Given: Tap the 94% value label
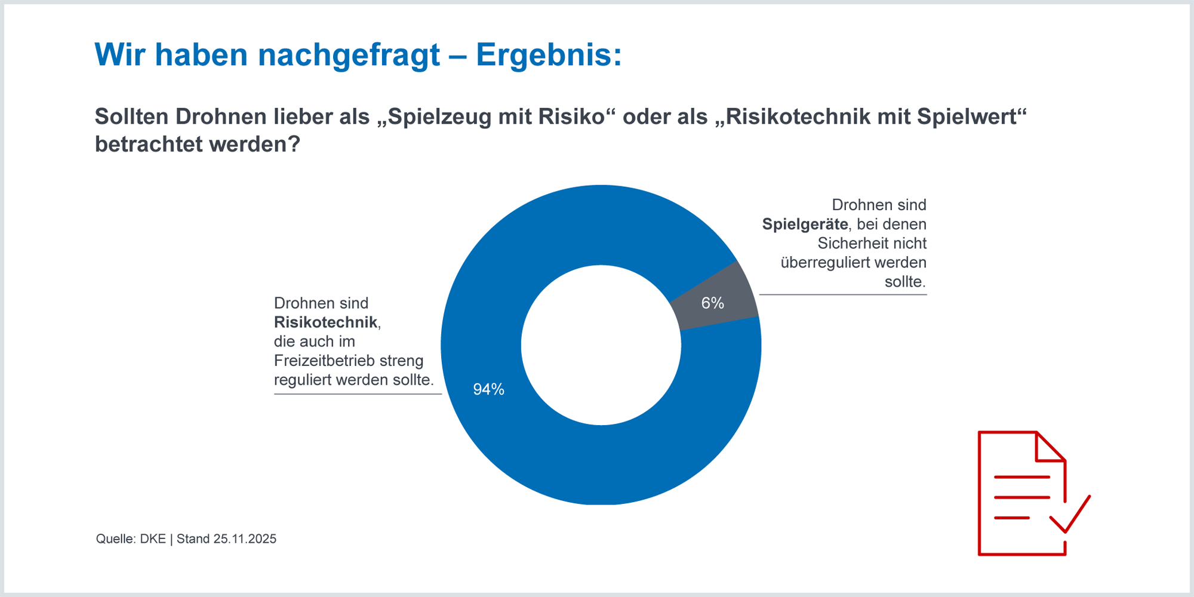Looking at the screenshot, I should (x=488, y=389).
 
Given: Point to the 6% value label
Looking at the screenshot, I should (x=712, y=303).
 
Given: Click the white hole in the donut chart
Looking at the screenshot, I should (x=601, y=345).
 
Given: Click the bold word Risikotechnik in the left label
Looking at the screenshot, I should (x=325, y=322).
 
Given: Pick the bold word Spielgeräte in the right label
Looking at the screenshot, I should (x=805, y=224).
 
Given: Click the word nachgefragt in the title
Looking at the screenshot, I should (x=349, y=55).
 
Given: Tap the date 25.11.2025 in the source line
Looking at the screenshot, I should (x=245, y=539).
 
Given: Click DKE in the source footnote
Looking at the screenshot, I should (x=153, y=539).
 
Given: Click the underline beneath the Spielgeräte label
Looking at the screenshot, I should (x=842, y=294).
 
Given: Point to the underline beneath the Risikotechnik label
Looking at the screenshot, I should (x=358, y=394).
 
